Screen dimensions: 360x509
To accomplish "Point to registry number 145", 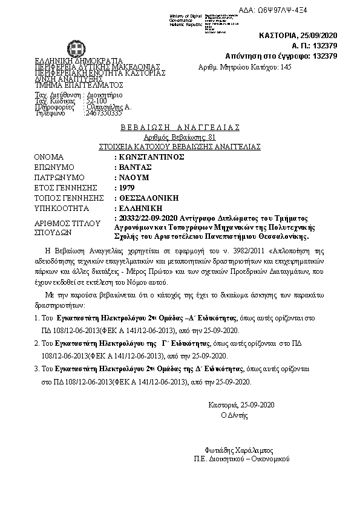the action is tap(287, 68).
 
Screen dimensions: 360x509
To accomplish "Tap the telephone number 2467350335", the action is tap(103, 112).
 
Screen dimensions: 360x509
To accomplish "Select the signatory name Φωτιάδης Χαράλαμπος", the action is tap(240, 450).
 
